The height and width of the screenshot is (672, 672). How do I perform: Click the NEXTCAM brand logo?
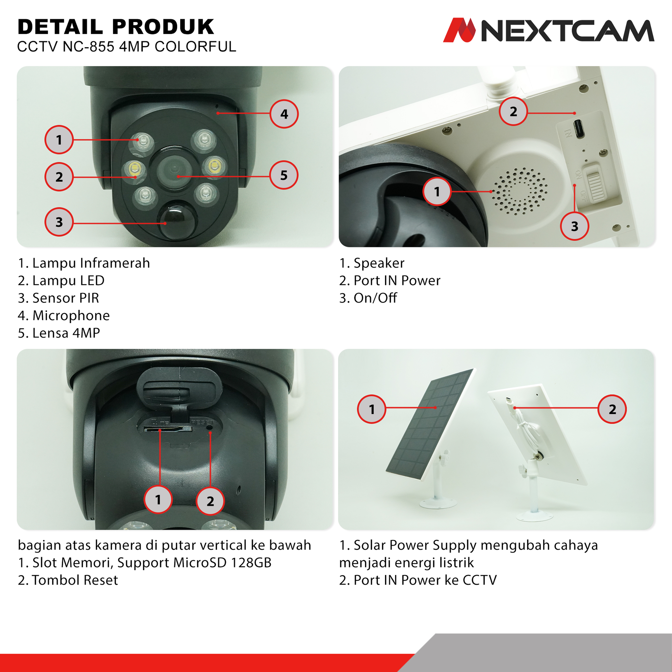click(x=549, y=30)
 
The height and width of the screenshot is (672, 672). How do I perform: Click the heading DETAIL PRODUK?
click(x=116, y=27)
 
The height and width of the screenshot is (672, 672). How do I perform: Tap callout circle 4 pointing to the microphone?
click(x=284, y=114)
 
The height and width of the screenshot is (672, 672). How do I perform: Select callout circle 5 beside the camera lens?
click(x=284, y=175)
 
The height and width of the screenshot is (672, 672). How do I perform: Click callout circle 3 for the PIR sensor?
click(x=59, y=222)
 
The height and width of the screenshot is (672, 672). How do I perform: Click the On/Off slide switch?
click(x=595, y=183)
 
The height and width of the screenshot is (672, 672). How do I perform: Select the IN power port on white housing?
click(x=579, y=128)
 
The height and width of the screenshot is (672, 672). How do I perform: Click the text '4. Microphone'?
click(x=64, y=316)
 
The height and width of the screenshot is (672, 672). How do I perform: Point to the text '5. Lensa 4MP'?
click(x=59, y=333)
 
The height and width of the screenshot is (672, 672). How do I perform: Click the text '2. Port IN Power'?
click(x=390, y=280)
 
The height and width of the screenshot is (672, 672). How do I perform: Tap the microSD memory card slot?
click(x=168, y=428)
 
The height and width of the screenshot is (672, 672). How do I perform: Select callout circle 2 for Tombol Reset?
click(x=210, y=501)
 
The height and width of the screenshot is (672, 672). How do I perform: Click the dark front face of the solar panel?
click(x=430, y=423)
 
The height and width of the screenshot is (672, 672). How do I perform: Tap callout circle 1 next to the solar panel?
click(x=372, y=409)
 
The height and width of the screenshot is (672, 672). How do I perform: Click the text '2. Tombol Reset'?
click(x=68, y=580)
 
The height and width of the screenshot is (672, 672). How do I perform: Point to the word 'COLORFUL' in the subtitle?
click(x=195, y=47)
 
